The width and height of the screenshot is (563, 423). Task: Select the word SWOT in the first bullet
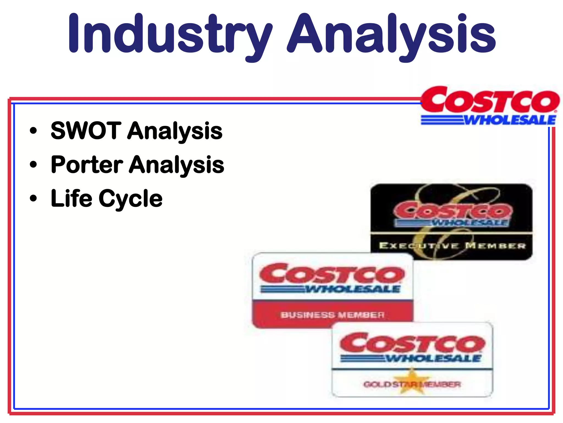tap(86, 131)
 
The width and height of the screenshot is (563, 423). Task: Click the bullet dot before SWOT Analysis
tap(33, 131)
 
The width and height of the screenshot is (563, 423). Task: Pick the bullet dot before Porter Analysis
tap(33, 165)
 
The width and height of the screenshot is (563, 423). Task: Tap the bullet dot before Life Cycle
tap(33, 198)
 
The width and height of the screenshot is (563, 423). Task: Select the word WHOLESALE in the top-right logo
tap(510, 120)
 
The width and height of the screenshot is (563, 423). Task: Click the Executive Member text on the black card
tap(452, 245)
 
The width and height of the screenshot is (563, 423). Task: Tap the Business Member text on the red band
tap(332, 315)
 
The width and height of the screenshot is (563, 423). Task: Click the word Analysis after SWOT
tap(175, 131)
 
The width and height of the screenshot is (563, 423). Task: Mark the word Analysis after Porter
tap(177, 165)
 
